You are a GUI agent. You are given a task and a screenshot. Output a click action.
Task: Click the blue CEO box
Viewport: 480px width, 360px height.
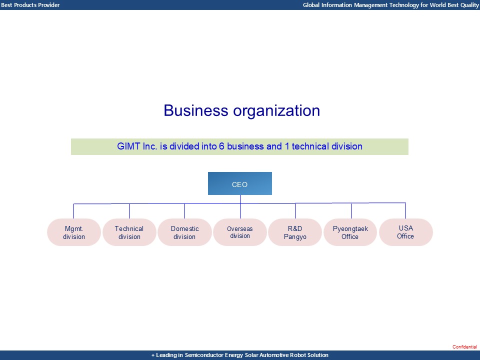(240, 183)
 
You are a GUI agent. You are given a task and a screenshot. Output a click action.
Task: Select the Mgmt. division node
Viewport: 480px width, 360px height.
(74, 232)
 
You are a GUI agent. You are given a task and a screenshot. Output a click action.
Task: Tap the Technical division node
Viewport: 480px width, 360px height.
(129, 232)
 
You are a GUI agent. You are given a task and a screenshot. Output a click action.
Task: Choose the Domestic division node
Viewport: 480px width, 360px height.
(184, 232)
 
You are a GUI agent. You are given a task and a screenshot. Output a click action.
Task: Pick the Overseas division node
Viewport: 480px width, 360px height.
(240, 232)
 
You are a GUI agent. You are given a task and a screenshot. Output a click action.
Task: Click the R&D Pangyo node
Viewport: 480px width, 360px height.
(295, 232)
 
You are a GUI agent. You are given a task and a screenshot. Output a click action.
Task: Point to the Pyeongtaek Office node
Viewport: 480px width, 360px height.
(350, 232)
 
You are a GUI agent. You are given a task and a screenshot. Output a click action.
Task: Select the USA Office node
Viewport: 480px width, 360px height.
(405, 232)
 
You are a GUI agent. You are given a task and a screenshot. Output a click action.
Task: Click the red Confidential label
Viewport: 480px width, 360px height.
(465, 347)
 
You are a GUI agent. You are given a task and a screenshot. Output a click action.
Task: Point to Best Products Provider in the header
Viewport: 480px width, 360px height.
(30, 5)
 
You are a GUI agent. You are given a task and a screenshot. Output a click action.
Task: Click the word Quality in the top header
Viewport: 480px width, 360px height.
(468, 5)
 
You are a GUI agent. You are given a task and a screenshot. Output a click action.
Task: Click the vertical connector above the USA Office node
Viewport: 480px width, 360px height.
(405, 210)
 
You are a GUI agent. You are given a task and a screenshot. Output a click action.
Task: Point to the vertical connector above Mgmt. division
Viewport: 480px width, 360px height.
(73, 211)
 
